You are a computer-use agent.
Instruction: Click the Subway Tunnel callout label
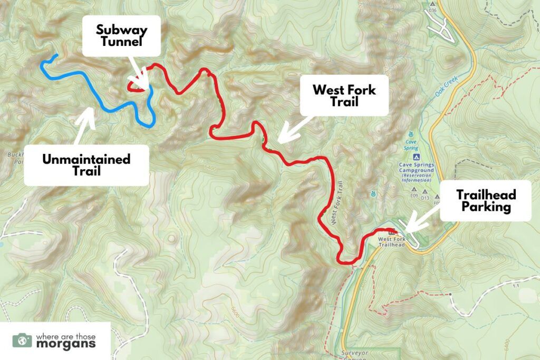point(121,35)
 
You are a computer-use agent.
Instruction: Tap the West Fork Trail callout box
point(344,95)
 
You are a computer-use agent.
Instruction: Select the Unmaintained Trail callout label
point(86,164)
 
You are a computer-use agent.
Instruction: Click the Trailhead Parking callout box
point(486,200)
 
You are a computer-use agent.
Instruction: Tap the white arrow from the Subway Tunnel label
point(139,75)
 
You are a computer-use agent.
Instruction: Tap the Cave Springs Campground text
point(416,171)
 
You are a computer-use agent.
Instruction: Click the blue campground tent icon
point(416,157)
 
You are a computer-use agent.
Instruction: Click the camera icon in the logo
point(22,340)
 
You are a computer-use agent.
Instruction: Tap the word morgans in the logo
point(65,345)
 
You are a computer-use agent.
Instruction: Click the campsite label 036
point(433,10)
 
